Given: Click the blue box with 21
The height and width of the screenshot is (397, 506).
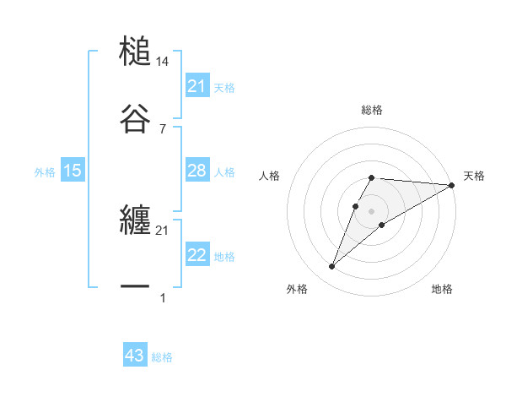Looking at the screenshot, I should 197,86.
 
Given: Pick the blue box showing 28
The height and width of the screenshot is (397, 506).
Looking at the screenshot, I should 197,171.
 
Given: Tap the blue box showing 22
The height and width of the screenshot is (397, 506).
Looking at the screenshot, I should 197,255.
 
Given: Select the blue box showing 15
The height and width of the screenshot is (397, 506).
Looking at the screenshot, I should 73,171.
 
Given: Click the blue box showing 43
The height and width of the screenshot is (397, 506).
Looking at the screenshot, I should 135,356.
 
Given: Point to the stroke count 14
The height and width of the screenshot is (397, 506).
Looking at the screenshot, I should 163,62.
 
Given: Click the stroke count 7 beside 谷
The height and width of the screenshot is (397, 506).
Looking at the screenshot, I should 163,128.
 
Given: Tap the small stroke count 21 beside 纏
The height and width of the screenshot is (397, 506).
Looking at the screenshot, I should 163,231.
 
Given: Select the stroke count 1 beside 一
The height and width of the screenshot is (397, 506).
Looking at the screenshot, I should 163,297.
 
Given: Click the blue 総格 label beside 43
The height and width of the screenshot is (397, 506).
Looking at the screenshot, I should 163,357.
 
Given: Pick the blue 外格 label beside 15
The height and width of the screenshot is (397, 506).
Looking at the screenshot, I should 45,172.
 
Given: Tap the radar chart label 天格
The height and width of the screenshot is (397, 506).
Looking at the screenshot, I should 474,176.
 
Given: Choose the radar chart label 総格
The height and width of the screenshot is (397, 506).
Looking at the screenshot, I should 372,110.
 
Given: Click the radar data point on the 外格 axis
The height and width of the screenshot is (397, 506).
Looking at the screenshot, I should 331,267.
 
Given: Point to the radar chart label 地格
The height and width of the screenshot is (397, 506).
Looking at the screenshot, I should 442,289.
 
